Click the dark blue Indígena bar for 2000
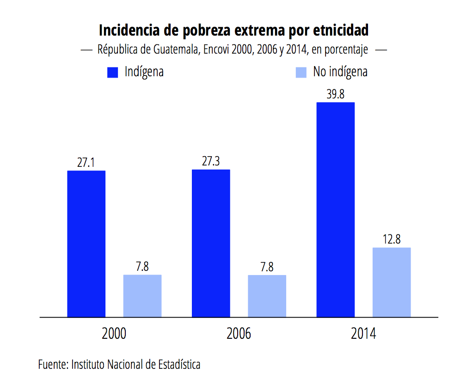click(x=86, y=244)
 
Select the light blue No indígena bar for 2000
click(x=142, y=296)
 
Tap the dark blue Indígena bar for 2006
click(x=211, y=243)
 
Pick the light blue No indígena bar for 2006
click(x=267, y=296)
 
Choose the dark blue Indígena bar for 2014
click(x=335, y=209)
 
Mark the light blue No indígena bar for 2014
click(x=392, y=282)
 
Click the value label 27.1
click(x=86, y=163)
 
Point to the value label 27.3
click(x=211, y=162)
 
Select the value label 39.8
click(x=335, y=95)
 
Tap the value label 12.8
click(x=392, y=240)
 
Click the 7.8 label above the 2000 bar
click(x=142, y=267)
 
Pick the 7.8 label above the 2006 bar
click(x=267, y=268)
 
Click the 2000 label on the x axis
click(x=114, y=334)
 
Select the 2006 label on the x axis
click(x=239, y=334)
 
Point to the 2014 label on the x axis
click(x=363, y=334)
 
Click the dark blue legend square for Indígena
click(x=113, y=73)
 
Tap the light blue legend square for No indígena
click(x=301, y=73)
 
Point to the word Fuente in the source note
click(x=53, y=365)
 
